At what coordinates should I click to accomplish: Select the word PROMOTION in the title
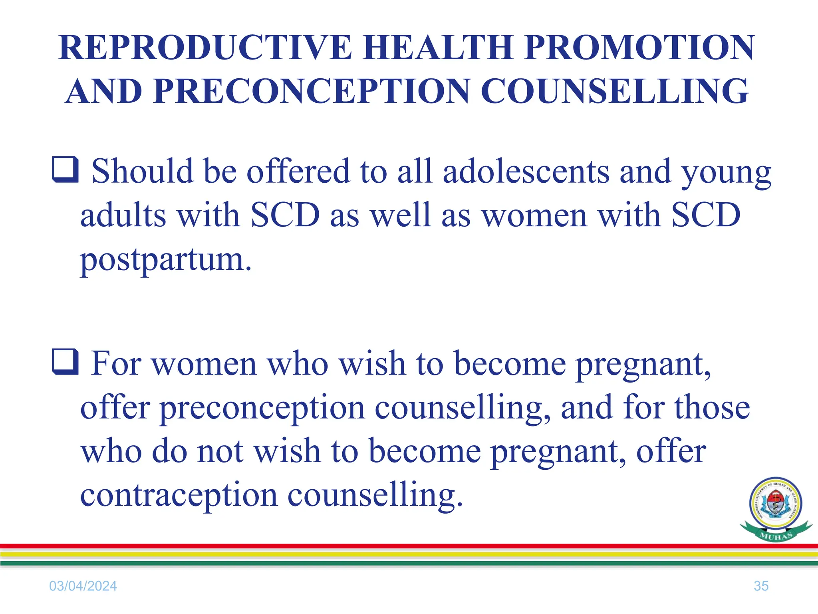click(x=639, y=48)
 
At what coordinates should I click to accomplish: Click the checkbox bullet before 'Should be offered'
click(x=65, y=170)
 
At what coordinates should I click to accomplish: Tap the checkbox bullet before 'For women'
click(x=65, y=362)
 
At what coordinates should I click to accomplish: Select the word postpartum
click(x=166, y=260)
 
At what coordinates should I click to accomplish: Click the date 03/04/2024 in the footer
click(x=83, y=586)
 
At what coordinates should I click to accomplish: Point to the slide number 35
click(x=761, y=586)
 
